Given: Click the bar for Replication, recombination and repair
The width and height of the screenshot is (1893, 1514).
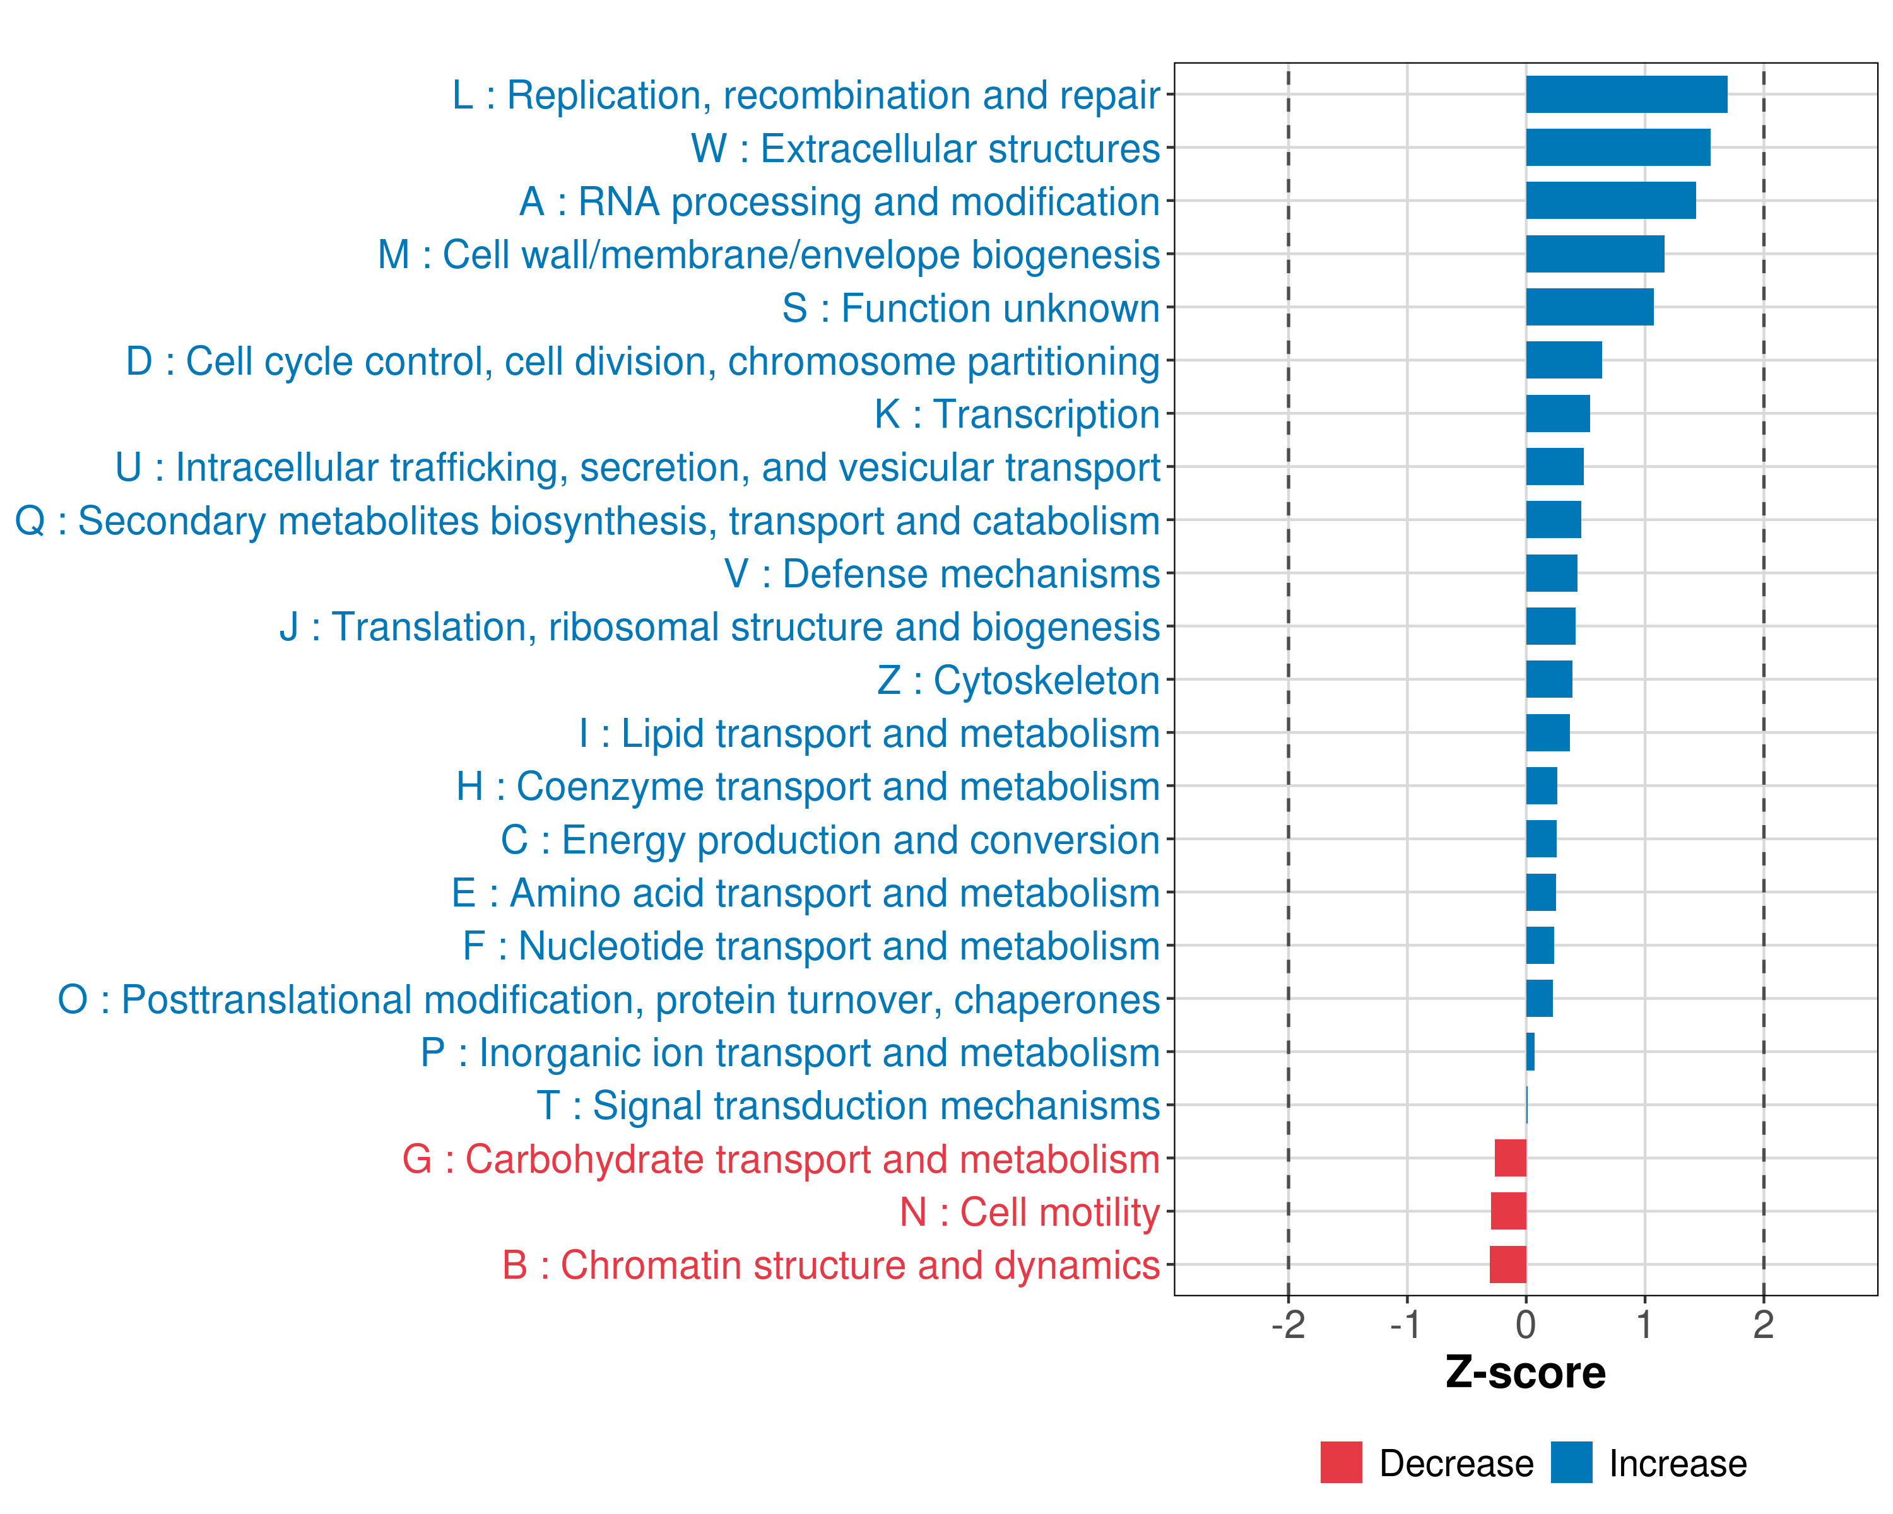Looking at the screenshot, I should click(1626, 95).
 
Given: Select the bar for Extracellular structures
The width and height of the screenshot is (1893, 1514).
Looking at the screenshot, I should click(1617, 148).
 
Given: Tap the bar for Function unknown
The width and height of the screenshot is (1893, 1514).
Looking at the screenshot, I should click(1589, 307).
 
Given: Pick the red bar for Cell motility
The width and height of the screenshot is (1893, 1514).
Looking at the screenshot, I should click(1509, 1211).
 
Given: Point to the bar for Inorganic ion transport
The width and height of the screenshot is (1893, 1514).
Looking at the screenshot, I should click(1530, 1052).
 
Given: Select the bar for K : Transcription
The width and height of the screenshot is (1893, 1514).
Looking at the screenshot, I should click(1557, 413).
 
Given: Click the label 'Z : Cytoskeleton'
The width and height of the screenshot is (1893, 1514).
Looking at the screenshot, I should click(1018, 680).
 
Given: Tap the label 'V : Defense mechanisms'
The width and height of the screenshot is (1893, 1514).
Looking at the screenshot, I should click(942, 574).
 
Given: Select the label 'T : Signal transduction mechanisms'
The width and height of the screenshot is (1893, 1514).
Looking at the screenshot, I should click(848, 1106).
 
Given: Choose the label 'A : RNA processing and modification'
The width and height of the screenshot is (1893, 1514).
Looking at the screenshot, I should click(839, 202).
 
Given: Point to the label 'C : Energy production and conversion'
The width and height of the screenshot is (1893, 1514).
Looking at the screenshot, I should click(830, 840).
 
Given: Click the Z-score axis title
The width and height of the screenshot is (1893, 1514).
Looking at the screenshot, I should click(1526, 1373).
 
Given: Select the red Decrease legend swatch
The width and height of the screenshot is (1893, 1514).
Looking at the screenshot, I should click(1341, 1462).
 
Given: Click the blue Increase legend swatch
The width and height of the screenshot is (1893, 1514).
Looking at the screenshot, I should click(1571, 1462).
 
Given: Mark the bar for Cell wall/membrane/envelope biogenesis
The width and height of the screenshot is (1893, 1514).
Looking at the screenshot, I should click(1595, 254).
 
